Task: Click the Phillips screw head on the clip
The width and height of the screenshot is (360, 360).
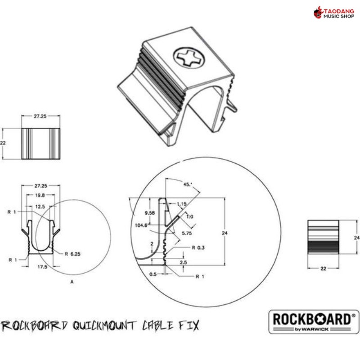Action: [189, 57]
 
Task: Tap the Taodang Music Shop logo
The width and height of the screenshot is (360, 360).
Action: [334, 13]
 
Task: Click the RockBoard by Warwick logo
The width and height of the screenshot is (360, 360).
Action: [313, 322]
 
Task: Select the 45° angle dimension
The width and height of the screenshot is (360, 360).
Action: [188, 184]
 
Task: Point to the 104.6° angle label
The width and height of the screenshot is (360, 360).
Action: [141, 225]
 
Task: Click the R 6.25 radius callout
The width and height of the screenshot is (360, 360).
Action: [72, 254]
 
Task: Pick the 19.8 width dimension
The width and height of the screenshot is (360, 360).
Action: [40, 195]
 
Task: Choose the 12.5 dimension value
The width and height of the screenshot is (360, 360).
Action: [40, 207]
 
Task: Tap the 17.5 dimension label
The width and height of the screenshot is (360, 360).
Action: [42, 267]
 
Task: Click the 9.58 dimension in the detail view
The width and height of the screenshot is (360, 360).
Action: [150, 213]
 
